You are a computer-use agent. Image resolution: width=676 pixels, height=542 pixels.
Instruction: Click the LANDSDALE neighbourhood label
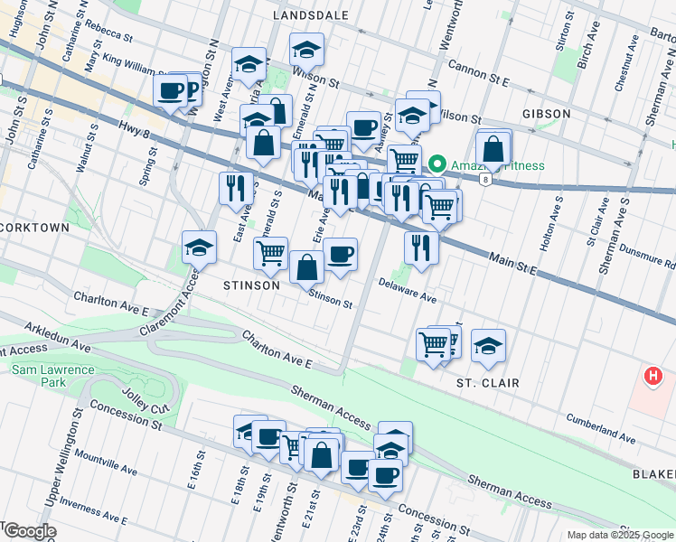pos(312,15)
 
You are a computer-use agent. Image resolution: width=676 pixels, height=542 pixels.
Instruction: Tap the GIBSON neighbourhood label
pos(546,114)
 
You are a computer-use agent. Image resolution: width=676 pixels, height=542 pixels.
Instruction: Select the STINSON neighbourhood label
pos(251,285)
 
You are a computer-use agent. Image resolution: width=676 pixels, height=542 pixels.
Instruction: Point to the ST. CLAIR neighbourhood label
pos(488,383)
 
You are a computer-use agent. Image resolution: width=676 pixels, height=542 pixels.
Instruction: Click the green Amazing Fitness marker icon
pos(437,164)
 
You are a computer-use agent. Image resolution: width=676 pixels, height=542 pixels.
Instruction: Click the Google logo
pos(30,531)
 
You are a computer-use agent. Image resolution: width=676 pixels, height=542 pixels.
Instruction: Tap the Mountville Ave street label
pos(106,462)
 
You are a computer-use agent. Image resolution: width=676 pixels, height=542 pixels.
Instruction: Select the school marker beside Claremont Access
pos(199,246)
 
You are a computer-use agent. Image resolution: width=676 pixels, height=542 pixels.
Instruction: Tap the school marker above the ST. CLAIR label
pos(488,346)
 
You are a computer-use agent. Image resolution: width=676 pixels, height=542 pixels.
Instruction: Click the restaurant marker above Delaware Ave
pos(421,247)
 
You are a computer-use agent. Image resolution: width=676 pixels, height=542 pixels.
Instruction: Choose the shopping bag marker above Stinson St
pos(307,267)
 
